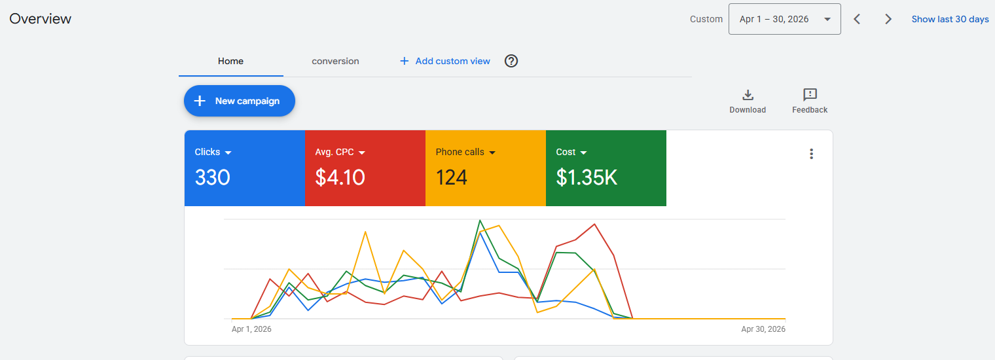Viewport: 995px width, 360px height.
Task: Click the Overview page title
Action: click(40, 18)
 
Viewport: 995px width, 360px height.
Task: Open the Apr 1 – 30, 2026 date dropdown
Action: click(784, 19)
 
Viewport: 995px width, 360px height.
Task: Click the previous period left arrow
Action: click(857, 19)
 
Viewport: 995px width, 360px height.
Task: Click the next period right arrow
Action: click(888, 19)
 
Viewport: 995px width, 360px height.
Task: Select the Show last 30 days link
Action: click(950, 19)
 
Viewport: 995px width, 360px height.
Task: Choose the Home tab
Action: click(230, 62)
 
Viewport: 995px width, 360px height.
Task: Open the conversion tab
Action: click(335, 62)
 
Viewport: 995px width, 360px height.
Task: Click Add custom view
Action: click(445, 62)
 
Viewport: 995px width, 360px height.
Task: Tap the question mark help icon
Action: click(511, 61)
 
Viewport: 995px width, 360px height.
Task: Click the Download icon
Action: click(748, 95)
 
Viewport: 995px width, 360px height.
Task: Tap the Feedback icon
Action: click(810, 94)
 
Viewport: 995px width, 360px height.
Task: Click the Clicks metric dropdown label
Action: click(213, 153)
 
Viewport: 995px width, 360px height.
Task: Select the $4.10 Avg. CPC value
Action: click(340, 177)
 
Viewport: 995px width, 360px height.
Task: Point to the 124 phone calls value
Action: click(451, 177)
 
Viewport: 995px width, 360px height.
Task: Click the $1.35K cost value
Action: click(587, 177)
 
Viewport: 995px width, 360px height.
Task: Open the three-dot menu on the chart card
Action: click(811, 154)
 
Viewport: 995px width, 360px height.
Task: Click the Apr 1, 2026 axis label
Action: click(251, 329)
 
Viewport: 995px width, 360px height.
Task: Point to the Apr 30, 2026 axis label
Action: click(763, 329)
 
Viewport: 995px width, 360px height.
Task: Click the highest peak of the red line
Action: click(594, 224)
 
